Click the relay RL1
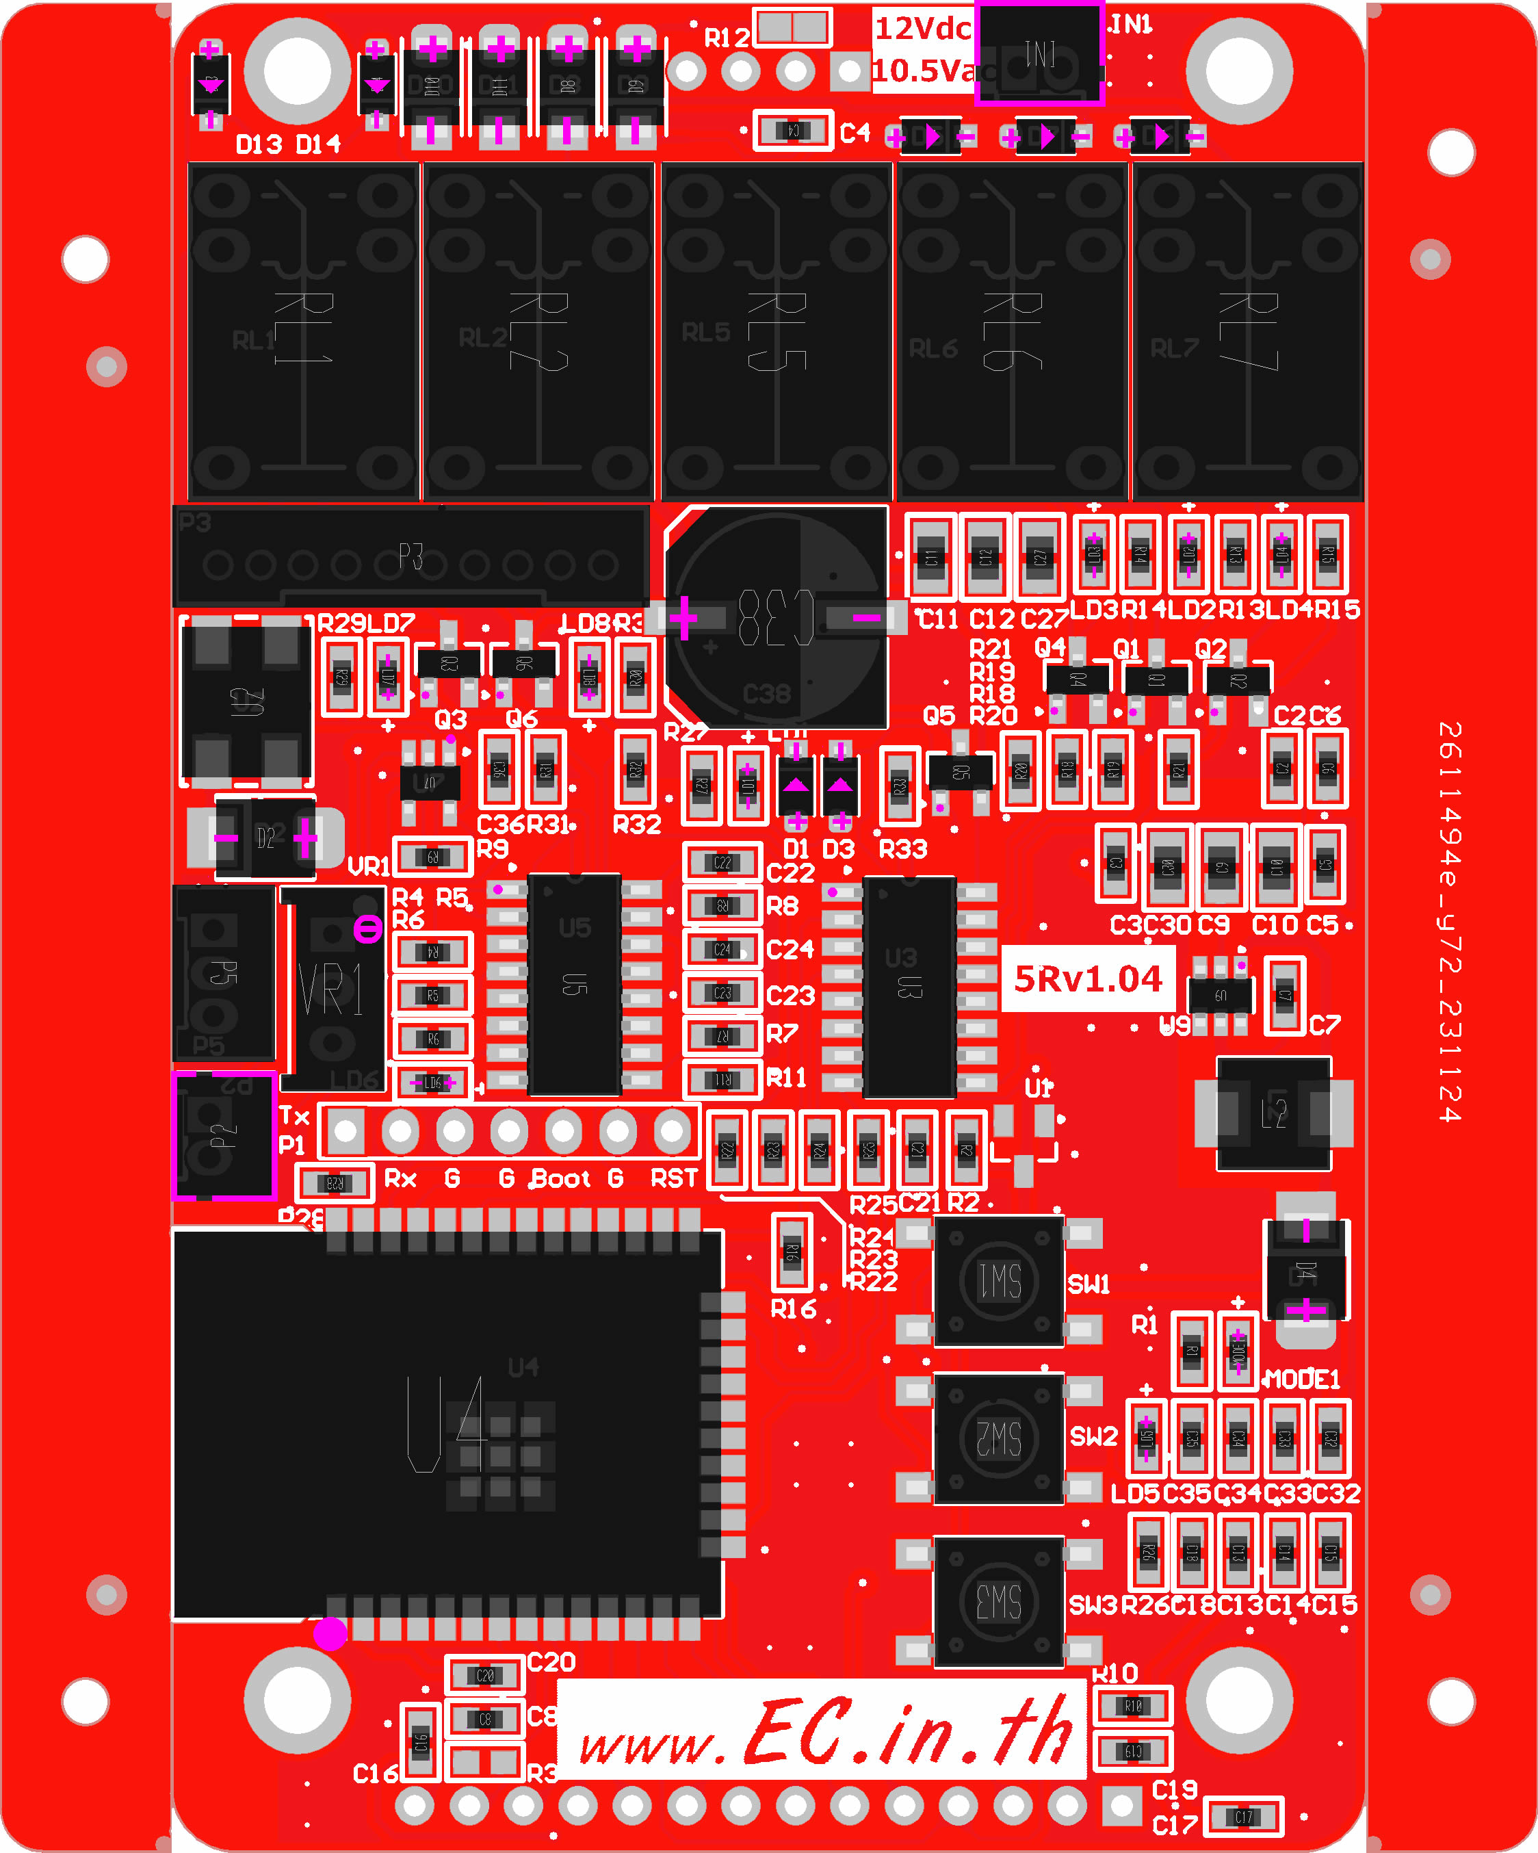(x=302, y=331)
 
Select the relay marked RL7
(x=1248, y=331)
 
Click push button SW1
(x=998, y=1280)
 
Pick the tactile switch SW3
(x=998, y=1601)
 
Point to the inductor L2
(x=1273, y=1113)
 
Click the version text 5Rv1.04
(x=1088, y=979)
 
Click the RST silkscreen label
(x=674, y=1179)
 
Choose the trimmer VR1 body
(x=333, y=988)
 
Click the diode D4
(x=1306, y=1270)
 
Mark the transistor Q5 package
(x=960, y=771)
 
